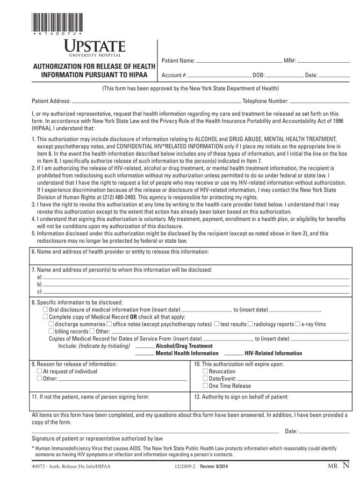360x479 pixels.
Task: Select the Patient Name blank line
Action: click(238, 62)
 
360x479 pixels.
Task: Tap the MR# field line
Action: click(324, 62)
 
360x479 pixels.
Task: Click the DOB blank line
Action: click(284, 76)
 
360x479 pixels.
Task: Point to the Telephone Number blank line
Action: click(320, 102)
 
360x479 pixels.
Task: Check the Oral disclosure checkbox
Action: click(45, 310)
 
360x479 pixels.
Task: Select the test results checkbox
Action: click(217, 324)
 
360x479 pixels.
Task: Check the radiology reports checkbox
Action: click(250, 324)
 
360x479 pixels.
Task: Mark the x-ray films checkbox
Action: click(297, 324)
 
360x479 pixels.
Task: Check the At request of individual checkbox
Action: click(39, 371)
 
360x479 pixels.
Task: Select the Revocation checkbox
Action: click(205, 371)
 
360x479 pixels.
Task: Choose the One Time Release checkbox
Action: click(205, 386)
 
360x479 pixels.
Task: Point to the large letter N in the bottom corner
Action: click(346, 465)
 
